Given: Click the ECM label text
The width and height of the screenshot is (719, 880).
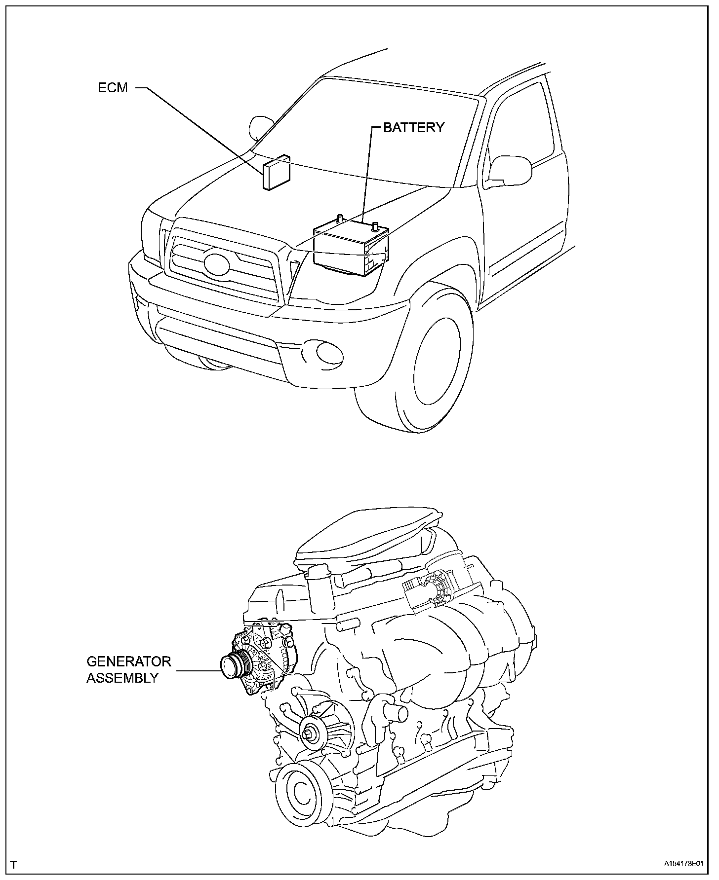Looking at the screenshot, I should tap(113, 88).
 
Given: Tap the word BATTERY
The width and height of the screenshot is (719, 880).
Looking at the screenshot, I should tap(414, 127).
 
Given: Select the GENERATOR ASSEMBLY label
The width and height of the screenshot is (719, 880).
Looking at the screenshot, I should tap(129, 669).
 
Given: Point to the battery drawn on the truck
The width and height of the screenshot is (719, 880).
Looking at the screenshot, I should tap(351, 249).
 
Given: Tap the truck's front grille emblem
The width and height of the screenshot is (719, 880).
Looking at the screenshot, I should tap(216, 263).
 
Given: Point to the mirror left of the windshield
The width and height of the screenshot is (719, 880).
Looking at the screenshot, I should tap(260, 127).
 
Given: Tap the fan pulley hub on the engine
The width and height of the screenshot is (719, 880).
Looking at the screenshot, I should tap(312, 734).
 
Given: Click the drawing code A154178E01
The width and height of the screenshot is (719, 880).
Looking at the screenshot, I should tap(682, 865).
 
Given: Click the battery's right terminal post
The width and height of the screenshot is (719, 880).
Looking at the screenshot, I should tap(375, 226).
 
